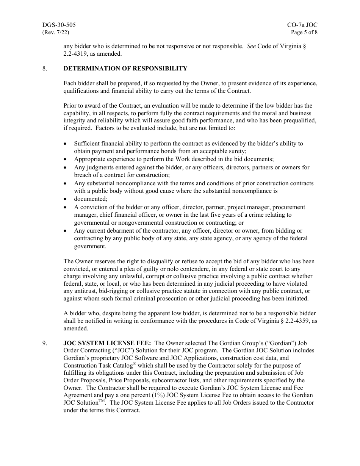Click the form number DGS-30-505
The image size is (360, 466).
(x=59, y=25)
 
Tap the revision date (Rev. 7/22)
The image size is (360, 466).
(x=56, y=32)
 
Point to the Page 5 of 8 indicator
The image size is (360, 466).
(x=304, y=32)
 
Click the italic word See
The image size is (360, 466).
(x=251, y=46)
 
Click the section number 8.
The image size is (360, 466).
(x=45, y=69)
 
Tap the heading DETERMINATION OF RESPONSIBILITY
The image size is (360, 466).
(x=125, y=69)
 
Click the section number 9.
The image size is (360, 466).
(x=45, y=343)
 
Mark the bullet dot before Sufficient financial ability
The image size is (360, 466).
(x=66, y=144)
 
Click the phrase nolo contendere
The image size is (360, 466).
(x=165, y=269)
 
